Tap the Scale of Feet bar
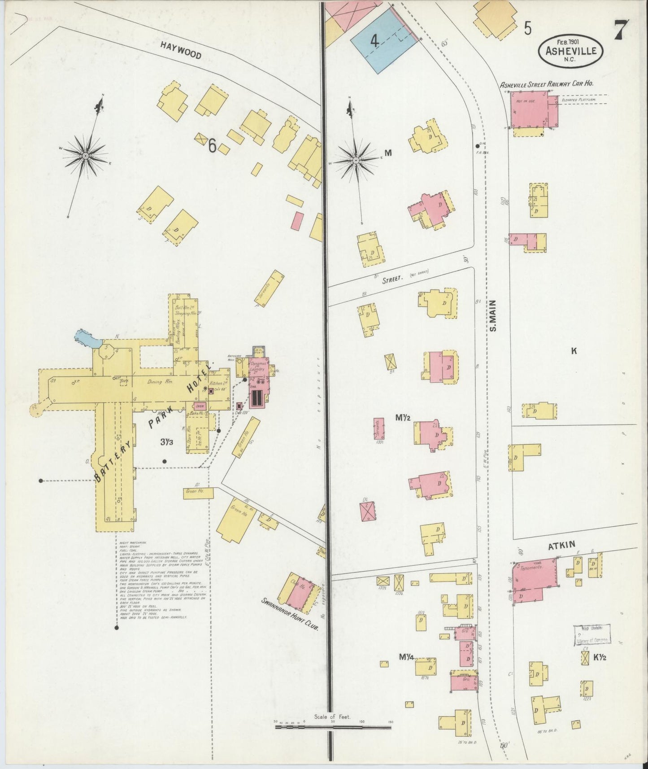point(333,725)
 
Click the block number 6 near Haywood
point(212,145)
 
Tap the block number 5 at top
point(528,29)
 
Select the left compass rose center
point(85,156)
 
